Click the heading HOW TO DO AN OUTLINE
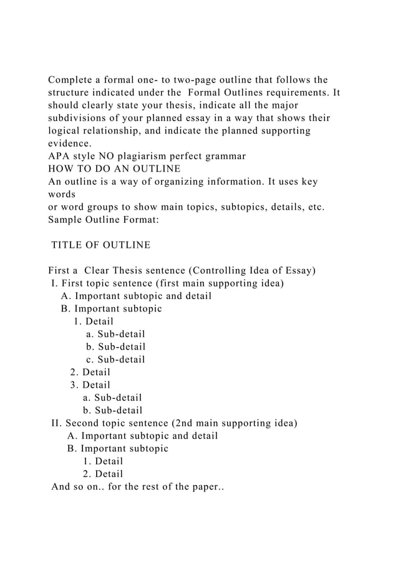pos(114,168)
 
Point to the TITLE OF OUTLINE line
pos(100,245)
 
